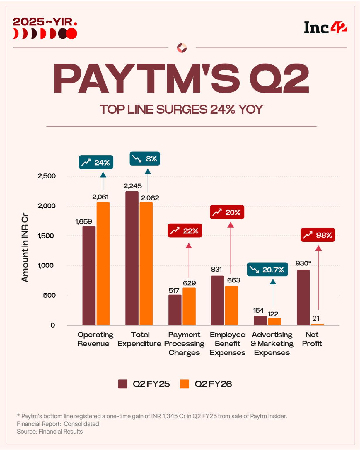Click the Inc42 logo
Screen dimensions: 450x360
tap(325, 28)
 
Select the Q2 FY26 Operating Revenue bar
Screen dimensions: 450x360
tap(103, 264)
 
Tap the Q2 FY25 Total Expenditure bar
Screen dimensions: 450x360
tap(132, 258)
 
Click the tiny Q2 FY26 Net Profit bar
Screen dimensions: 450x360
tap(318, 324)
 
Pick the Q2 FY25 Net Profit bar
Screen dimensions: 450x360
tap(303, 297)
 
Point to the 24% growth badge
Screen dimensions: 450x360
tap(96, 162)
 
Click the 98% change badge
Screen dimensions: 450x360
tap(318, 235)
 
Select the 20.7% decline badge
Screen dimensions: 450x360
tap(267, 270)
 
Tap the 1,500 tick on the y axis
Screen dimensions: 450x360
tap(46, 236)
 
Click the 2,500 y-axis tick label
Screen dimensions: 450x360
tap(46, 176)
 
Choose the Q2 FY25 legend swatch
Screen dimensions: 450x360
tap(122, 384)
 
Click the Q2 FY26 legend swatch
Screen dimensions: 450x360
tap(185, 384)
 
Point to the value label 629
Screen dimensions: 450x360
tap(189, 283)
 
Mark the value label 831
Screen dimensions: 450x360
tap(216, 269)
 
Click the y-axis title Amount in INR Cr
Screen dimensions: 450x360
tap(25, 248)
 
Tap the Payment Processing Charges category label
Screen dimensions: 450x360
tap(184, 343)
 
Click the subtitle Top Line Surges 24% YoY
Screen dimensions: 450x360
tap(181, 109)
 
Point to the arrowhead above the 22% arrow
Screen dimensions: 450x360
tap(189, 246)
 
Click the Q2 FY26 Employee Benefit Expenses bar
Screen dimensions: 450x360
tap(231, 305)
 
